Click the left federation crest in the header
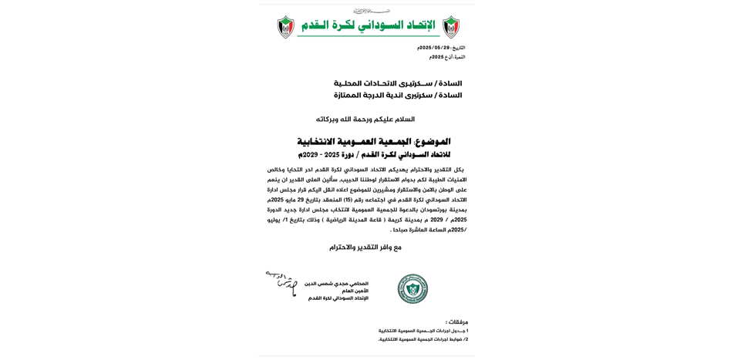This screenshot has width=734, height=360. pos(285,27)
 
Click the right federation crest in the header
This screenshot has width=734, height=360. pos(450,27)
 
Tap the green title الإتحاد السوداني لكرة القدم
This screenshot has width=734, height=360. pos(368,25)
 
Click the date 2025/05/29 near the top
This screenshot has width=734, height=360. pos(434,48)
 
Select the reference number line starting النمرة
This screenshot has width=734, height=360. pos(447,57)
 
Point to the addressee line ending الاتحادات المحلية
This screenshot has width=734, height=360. pos(398,83)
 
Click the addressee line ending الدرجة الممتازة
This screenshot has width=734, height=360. pos(398,96)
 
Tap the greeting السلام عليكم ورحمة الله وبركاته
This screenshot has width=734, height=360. pos(365,119)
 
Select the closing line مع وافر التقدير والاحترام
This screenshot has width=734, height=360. pos(365,247)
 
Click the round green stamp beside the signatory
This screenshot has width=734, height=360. pos(412,288)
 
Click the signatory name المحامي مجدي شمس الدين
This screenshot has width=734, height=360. pos(336,284)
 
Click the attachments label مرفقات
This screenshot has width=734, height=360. pos(456,322)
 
